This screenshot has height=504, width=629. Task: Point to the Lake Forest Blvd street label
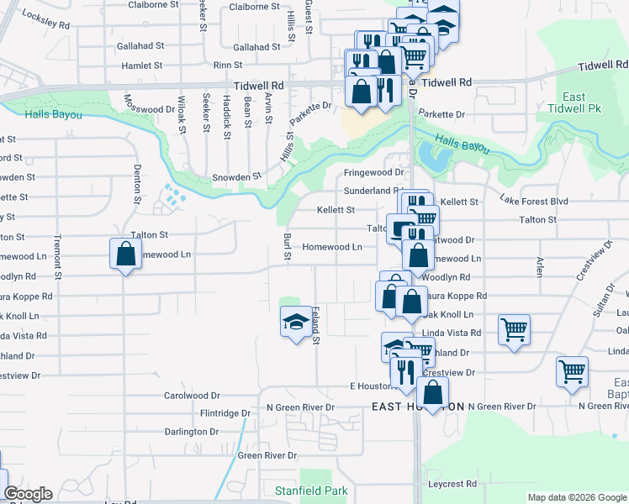[534, 202]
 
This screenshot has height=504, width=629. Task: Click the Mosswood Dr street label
[150, 109]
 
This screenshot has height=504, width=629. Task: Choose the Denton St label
[136, 188]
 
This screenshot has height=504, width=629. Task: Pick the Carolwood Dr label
[191, 395]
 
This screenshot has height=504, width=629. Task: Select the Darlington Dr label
[191, 432]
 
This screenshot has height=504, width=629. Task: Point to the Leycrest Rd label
[452, 484]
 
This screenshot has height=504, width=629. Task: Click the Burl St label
[287, 246]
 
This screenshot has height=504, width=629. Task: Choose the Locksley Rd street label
[46, 20]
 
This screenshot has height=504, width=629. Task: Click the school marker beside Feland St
[295, 322]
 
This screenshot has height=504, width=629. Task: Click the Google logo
[28, 494]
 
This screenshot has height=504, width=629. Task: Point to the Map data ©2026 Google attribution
[576, 497]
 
